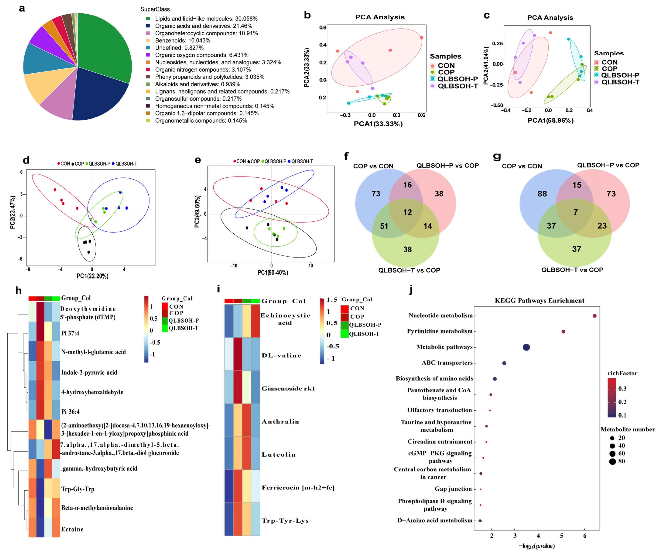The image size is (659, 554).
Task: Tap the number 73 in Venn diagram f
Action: tap(376, 194)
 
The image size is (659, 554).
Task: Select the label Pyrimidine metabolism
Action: tap(440, 331)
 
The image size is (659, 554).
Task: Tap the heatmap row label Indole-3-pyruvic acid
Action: tap(89, 372)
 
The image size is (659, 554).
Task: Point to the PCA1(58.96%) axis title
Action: tap(550, 121)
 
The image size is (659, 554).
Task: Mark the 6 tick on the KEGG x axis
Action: tap(585, 536)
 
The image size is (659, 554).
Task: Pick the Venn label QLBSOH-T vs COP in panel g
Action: tap(572, 270)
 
